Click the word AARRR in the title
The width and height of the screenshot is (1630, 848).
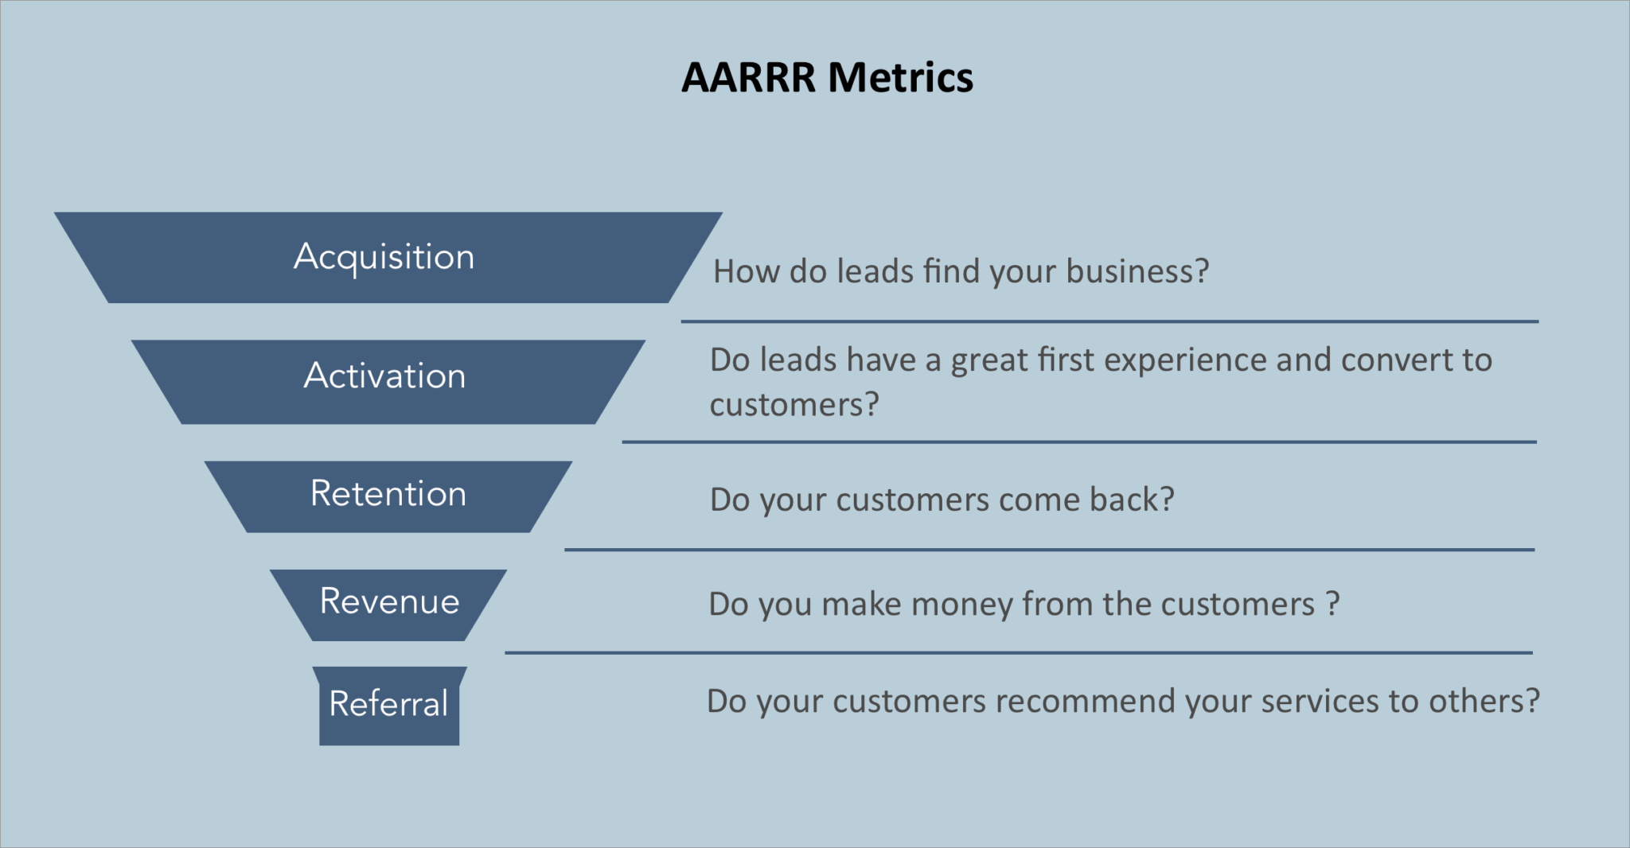[748, 78]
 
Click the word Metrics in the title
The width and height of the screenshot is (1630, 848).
[900, 78]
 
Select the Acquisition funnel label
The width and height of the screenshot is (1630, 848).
[384, 257]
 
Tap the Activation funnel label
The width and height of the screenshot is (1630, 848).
[385, 375]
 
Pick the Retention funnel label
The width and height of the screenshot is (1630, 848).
[388, 494]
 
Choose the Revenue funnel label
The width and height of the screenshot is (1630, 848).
[390, 601]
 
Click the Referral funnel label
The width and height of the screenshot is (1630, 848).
[388, 704]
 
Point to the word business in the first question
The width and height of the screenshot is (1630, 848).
[1137, 272]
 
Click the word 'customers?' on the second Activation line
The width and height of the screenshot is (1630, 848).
[794, 406]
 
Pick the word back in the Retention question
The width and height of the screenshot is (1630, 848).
[1131, 500]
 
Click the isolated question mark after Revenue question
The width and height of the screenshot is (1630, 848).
[1333, 604]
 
